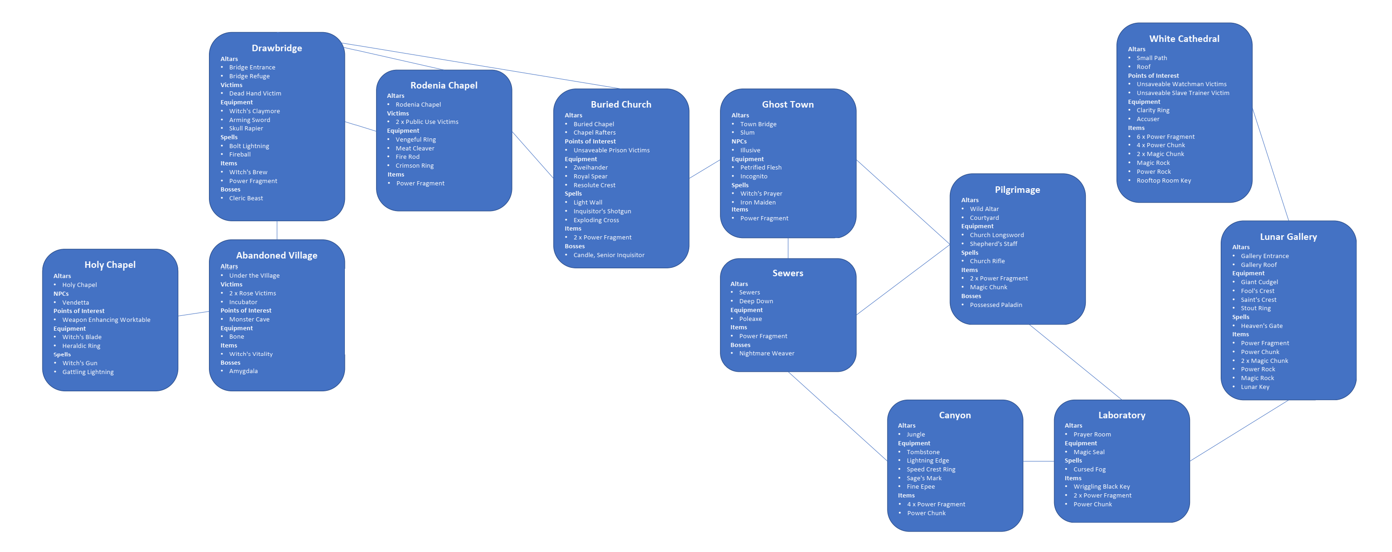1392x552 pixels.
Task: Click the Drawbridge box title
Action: [276, 48]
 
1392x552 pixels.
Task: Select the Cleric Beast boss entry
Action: [246, 198]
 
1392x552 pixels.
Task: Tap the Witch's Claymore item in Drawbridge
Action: [254, 111]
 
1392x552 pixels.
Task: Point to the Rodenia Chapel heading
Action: [444, 85]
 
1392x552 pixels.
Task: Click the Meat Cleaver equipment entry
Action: [415, 148]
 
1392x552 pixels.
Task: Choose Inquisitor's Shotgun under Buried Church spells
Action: [602, 211]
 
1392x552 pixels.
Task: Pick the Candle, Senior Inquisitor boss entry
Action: [608, 255]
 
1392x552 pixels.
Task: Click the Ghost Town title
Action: [787, 105]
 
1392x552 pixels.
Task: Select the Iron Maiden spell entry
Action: [758, 202]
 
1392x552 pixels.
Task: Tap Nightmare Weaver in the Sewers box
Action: [766, 354]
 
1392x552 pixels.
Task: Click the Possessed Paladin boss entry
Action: [995, 305]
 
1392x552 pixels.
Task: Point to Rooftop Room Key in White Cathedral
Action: [1163, 181]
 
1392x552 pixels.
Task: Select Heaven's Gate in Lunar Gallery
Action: [1261, 326]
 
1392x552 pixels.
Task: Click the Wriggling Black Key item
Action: [1101, 487]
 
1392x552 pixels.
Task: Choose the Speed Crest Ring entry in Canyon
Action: [930, 469]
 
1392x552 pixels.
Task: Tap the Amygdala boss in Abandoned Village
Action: [243, 371]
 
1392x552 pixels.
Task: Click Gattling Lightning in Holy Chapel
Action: [87, 372]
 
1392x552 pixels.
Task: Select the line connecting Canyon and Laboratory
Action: [1038, 461]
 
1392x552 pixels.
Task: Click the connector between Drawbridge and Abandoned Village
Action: [276, 230]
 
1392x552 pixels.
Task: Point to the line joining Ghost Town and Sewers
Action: [788, 248]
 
